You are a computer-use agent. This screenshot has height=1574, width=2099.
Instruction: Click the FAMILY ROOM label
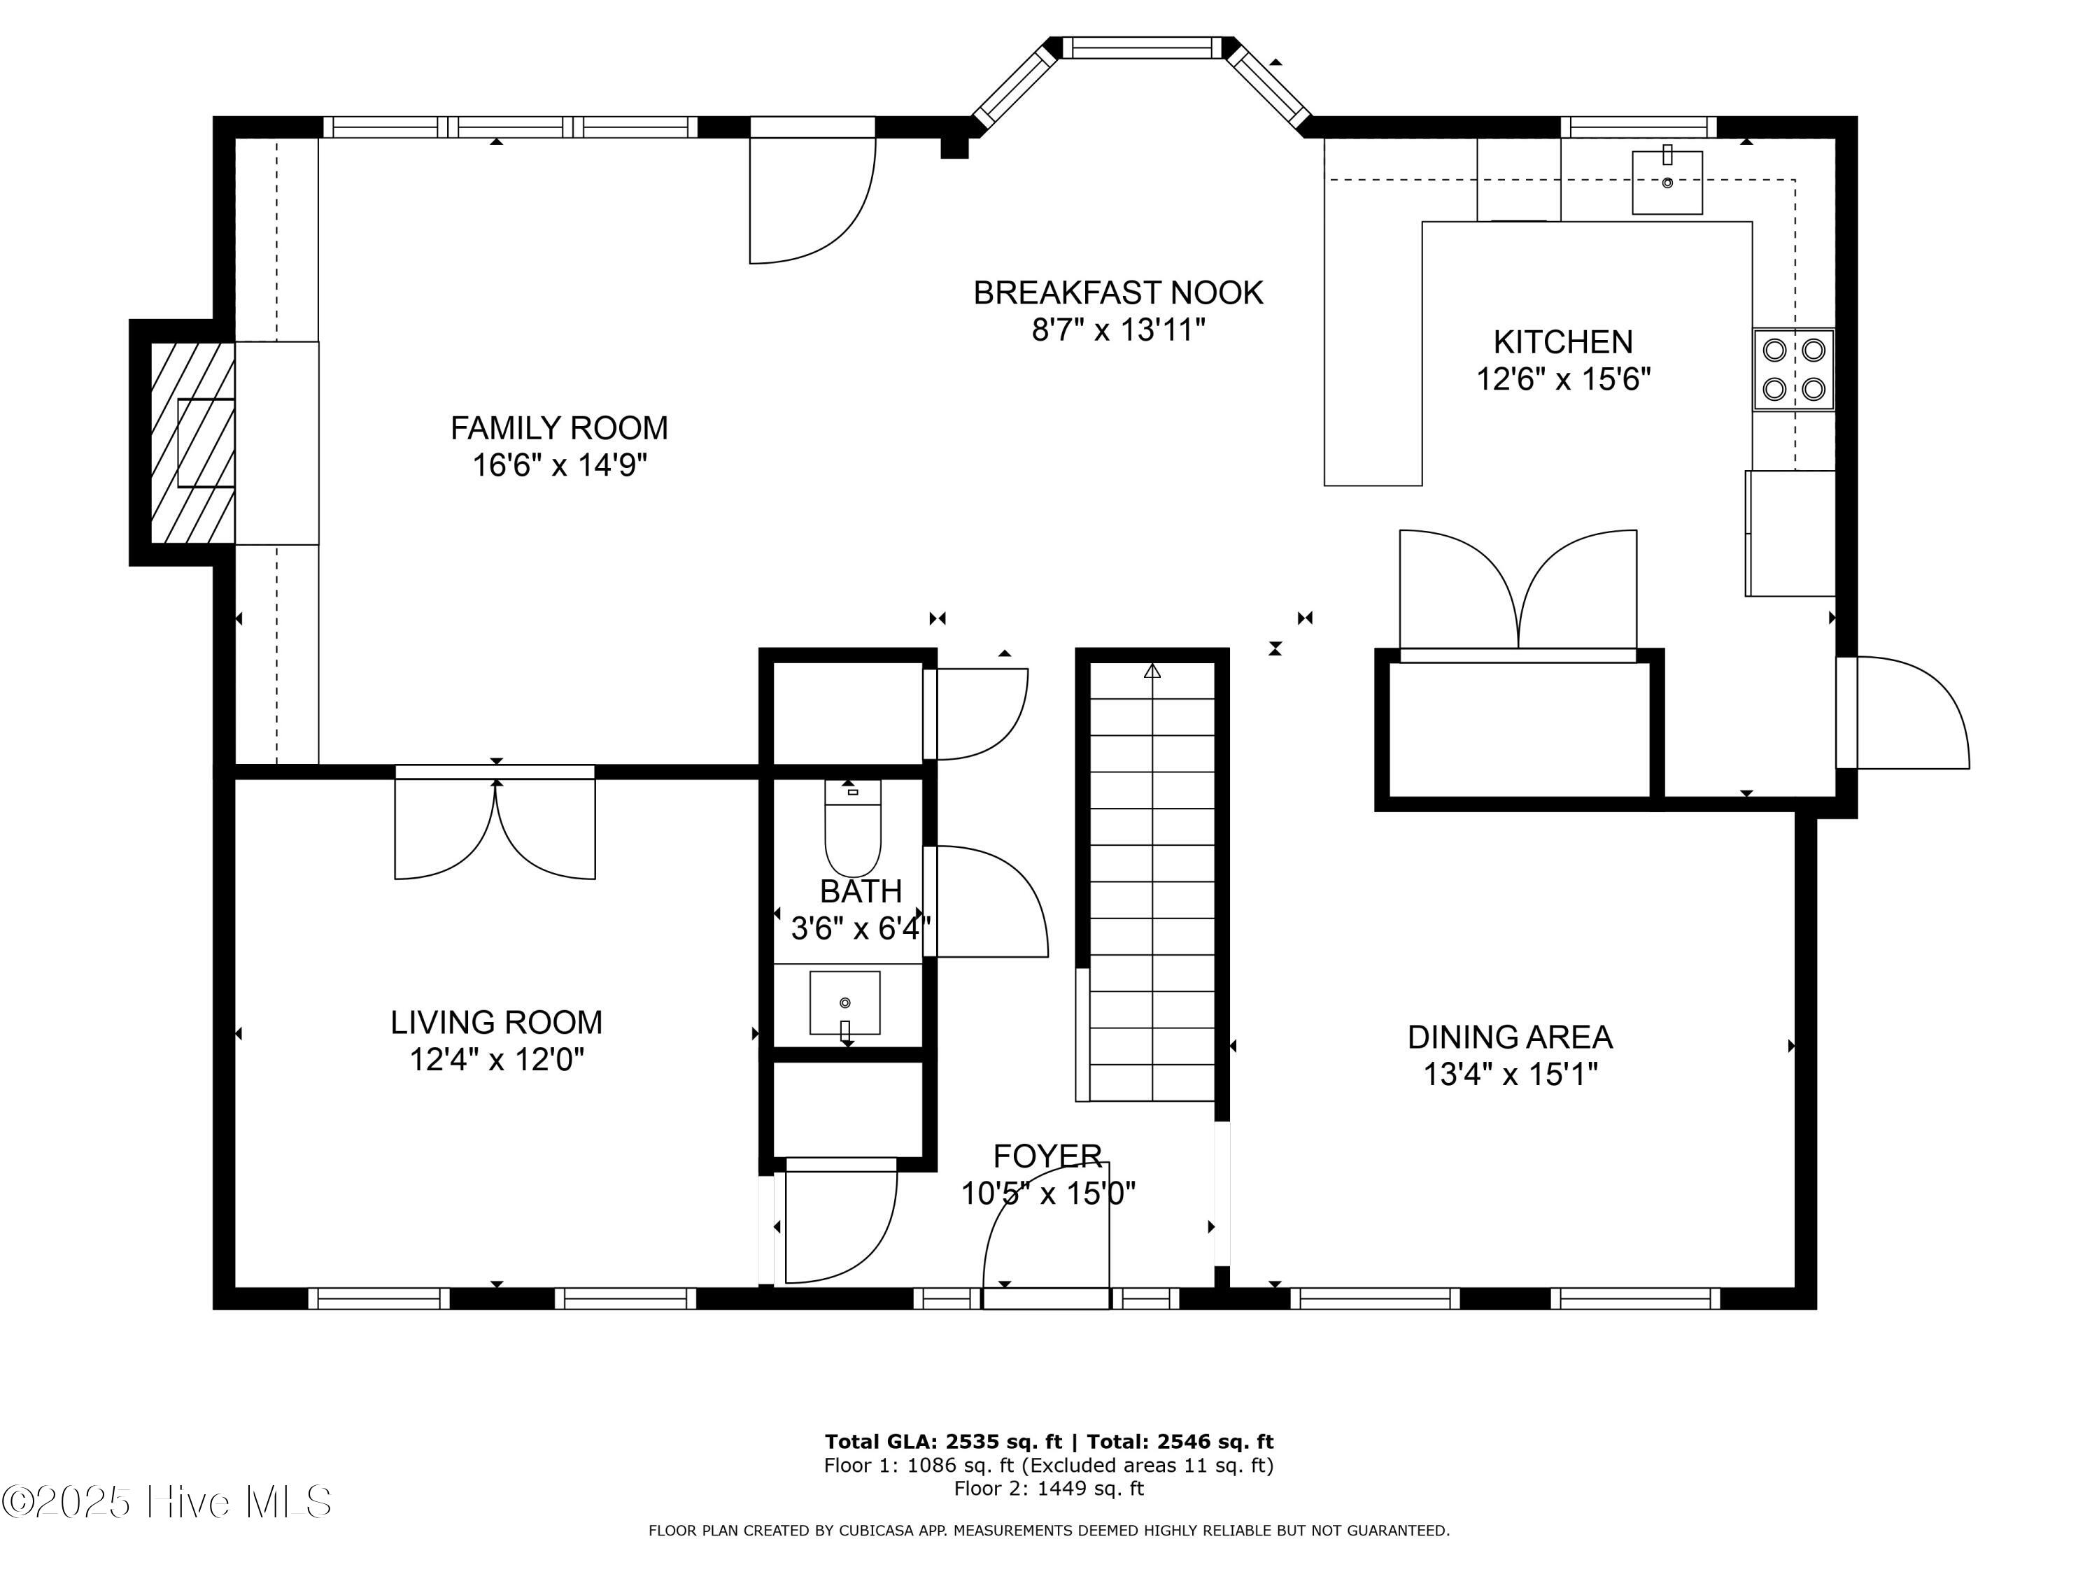pyautogui.click(x=559, y=428)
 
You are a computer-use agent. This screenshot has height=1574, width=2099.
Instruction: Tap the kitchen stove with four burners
pyautogui.click(x=1793, y=369)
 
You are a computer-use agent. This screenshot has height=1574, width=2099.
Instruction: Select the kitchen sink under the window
pyautogui.click(x=1667, y=182)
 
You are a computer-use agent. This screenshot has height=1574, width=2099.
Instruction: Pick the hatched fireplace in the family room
pyautogui.click(x=192, y=443)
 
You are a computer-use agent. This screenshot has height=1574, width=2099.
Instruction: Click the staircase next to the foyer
pyautogui.click(x=1152, y=882)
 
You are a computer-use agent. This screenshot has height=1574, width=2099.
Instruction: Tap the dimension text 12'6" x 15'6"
pyautogui.click(x=1563, y=379)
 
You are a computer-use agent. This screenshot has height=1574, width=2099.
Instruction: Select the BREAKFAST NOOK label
pyautogui.click(x=1118, y=293)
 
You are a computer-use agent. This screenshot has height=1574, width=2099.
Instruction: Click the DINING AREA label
pyautogui.click(x=1510, y=1037)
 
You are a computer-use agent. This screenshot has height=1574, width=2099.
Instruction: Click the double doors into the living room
pyautogui.click(x=495, y=825)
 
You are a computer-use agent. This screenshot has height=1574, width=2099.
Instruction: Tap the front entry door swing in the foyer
pyautogui.click(x=1046, y=1233)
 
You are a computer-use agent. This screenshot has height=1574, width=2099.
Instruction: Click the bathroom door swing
pyautogui.click(x=987, y=901)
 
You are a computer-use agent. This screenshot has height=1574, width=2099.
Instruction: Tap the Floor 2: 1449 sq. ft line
pyautogui.click(x=1049, y=1489)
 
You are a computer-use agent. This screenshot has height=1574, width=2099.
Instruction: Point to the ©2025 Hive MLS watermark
pyautogui.click(x=167, y=1502)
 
